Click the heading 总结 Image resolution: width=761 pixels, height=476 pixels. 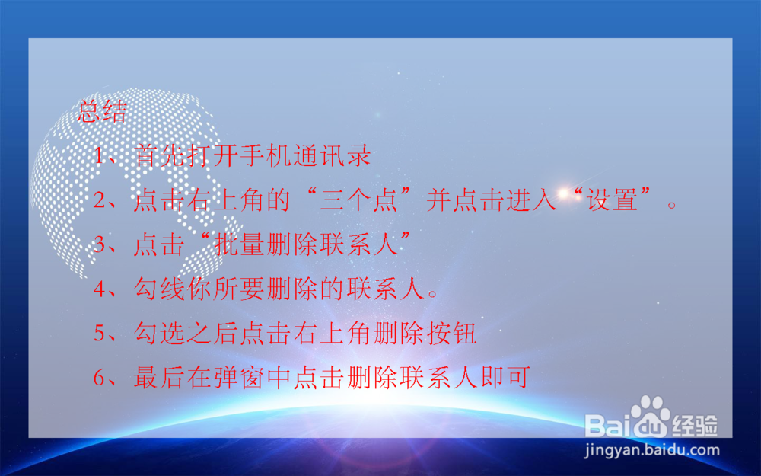point(102,113)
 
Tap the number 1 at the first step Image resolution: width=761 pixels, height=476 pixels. point(100,157)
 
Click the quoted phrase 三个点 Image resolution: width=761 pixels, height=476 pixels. point(355,201)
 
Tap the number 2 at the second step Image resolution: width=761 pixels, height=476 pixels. point(100,201)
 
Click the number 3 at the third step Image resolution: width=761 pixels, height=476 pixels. point(100,245)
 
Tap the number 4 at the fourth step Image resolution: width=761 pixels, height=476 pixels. point(100,289)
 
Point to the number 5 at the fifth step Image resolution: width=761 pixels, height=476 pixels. point(100,333)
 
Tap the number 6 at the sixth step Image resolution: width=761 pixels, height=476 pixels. point(100,377)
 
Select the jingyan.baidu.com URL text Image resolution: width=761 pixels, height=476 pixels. point(651,449)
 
